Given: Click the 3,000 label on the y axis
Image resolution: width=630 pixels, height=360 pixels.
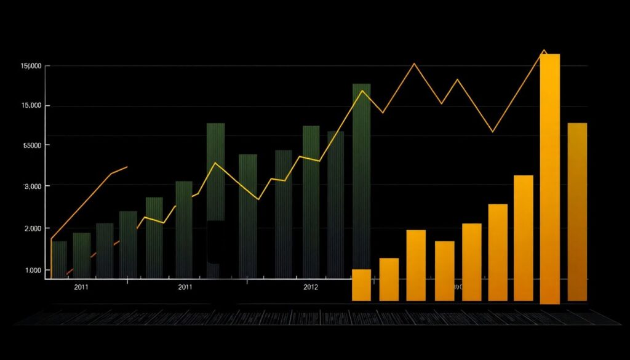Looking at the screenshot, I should click(32, 186).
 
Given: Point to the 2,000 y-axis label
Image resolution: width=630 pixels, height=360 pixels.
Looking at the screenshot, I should click(32, 228).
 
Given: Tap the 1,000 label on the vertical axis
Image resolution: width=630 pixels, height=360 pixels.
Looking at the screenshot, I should click(32, 271).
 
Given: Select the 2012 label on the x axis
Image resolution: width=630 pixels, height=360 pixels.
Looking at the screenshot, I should click(311, 287).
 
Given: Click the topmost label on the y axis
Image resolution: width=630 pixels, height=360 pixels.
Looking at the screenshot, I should click(31, 66).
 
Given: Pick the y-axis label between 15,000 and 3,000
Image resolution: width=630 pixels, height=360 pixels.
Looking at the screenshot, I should click(32, 145).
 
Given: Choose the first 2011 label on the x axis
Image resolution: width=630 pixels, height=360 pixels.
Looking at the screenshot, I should click(81, 287).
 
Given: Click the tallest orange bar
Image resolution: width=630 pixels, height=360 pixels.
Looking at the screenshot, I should click(549, 178).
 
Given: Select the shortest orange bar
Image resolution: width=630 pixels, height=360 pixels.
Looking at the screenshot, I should click(361, 285).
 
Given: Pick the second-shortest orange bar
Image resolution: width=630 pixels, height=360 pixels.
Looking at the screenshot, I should click(389, 279).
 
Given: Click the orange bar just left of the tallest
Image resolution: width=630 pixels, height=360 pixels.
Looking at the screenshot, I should click(524, 238).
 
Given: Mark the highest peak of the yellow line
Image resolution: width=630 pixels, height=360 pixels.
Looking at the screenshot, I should click(544, 50).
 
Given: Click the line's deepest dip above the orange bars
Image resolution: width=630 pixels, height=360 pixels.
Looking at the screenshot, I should click(492, 131).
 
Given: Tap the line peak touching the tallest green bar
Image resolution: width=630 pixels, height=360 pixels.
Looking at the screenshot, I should click(362, 91).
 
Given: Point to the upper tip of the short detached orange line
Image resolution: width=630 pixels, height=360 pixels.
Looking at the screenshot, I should click(127, 166).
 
